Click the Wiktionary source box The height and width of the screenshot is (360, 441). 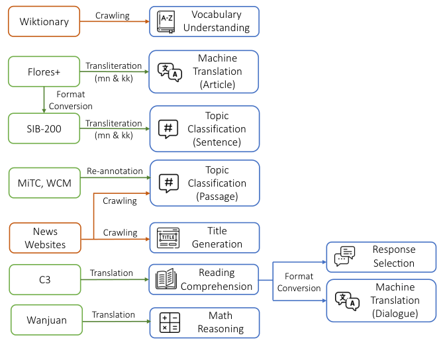44,22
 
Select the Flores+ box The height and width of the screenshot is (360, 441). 44,71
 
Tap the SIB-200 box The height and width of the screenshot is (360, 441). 44,128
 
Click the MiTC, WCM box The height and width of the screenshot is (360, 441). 44,183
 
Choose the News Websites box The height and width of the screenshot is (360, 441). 45,238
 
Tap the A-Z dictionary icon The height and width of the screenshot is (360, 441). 166,22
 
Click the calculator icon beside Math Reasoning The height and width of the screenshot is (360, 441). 169,322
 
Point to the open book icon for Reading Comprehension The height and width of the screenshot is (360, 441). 166,279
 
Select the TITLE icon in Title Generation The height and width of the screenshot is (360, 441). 168,238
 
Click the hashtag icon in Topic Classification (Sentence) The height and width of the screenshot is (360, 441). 168,128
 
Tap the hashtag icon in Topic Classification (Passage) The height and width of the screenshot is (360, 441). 169,183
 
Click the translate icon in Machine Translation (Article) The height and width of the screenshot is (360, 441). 168,71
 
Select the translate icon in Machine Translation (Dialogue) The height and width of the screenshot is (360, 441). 346,300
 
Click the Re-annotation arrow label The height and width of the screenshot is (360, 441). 115,171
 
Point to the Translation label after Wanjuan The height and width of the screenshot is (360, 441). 113,315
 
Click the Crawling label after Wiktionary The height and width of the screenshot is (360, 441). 113,16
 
